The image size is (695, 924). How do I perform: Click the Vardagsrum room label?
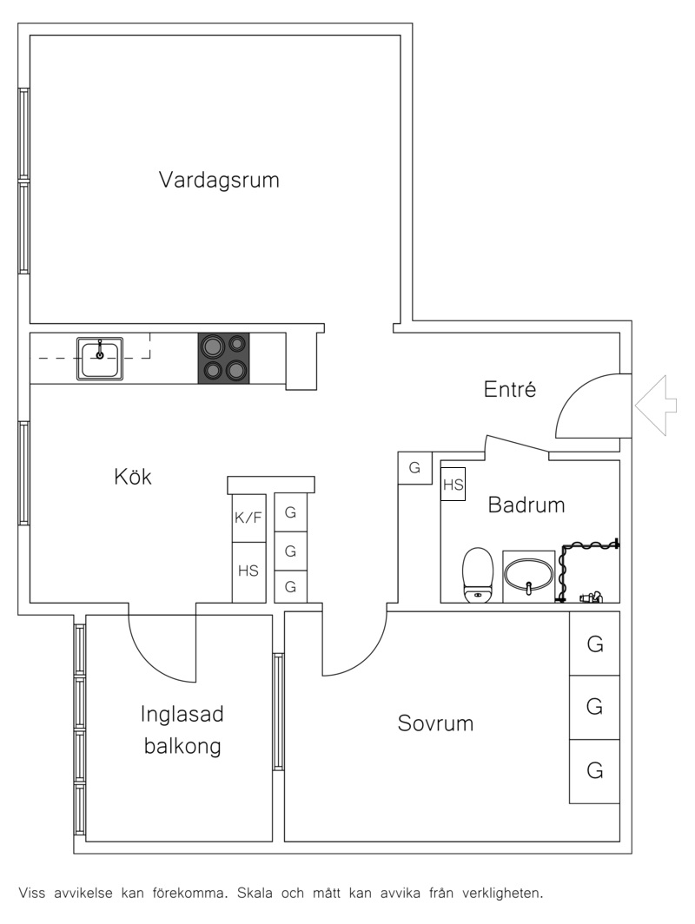pyautogui.click(x=219, y=180)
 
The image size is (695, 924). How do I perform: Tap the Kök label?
pyautogui.click(x=133, y=476)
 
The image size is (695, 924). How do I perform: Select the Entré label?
pyautogui.click(x=510, y=389)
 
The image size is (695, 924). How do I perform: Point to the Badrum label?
pyautogui.click(x=526, y=505)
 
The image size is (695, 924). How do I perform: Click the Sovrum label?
pyautogui.click(x=435, y=723)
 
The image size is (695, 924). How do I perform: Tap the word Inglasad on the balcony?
pyautogui.click(x=182, y=714)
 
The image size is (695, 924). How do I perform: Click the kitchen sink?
pyautogui.click(x=100, y=359)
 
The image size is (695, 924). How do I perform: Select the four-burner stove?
pyautogui.click(x=223, y=359)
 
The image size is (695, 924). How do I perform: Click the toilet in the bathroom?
pyautogui.click(x=478, y=575)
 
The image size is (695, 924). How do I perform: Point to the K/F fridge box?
pyautogui.click(x=248, y=518)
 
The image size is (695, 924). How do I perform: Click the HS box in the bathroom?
pyautogui.click(x=453, y=485)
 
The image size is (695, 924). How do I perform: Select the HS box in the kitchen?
pyautogui.click(x=248, y=571)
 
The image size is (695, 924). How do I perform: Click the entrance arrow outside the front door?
pyautogui.click(x=656, y=406)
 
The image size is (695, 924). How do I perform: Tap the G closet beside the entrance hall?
pyautogui.click(x=415, y=468)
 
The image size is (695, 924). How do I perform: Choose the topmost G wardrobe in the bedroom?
pyautogui.click(x=594, y=644)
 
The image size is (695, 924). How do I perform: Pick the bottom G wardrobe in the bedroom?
pyautogui.click(x=594, y=771)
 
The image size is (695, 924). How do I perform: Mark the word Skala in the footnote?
pyautogui.click(x=255, y=893)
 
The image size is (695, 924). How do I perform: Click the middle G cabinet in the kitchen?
pyautogui.click(x=291, y=551)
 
